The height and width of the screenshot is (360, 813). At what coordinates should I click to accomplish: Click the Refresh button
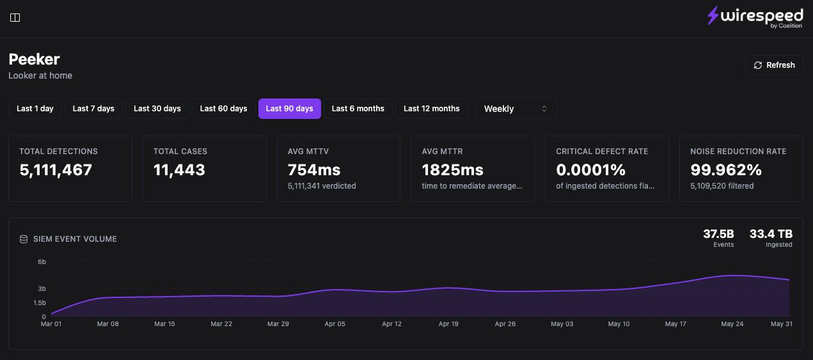click(x=774, y=65)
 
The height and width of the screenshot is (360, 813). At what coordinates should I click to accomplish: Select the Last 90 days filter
click(x=290, y=109)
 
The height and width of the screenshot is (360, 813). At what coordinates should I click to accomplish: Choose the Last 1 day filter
click(x=35, y=109)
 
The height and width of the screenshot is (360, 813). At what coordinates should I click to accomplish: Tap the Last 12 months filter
click(x=432, y=109)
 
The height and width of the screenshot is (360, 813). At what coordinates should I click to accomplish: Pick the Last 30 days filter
click(x=157, y=109)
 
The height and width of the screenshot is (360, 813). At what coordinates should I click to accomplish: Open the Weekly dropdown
click(x=516, y=109)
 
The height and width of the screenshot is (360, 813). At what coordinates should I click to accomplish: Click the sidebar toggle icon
click(x=15, y=17)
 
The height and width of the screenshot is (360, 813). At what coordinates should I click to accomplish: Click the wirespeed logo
click(x=755, y=17)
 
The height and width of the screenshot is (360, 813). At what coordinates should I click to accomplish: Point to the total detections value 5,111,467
click(x=56, y=170)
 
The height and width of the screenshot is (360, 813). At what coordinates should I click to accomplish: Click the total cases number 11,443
click(x=179, y=170)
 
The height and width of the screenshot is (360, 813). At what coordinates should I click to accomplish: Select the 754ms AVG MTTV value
click(x=314, y=170)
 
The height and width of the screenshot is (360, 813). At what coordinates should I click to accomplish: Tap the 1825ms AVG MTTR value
click(x=453, y=170)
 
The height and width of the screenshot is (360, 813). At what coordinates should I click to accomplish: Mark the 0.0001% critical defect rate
click(x=591, y=170)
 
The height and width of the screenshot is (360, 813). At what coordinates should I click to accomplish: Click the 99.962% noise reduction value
click(x=726, y=170)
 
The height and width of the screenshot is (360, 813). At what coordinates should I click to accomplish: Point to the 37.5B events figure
click(x=718, y=233)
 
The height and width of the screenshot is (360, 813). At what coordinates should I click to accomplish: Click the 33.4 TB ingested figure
click(x=771, y=233)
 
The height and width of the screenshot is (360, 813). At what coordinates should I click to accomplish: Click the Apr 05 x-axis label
click(x=335, y=324)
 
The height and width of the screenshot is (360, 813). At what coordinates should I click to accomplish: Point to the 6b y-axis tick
click(x=42, y=262)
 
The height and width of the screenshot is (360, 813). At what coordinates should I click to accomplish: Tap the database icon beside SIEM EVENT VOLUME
click(x=24, y=239)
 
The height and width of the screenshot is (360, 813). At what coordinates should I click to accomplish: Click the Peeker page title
click(x=34, y=59)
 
